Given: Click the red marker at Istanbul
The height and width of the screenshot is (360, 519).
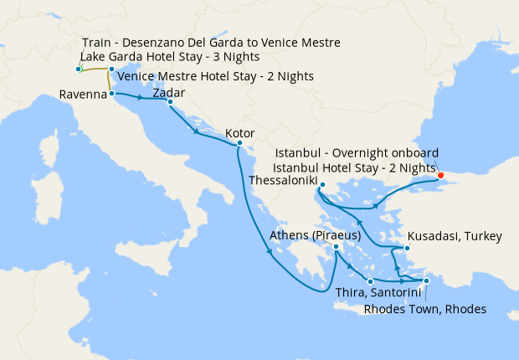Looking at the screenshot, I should click(x=441, y=176).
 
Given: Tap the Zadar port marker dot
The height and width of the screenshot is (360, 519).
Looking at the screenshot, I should click(x=170, y=102).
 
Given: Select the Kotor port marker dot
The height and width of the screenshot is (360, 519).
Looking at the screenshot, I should click(x=239, y=143).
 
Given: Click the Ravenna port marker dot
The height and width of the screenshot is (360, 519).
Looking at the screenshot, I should click(x=112, y=95).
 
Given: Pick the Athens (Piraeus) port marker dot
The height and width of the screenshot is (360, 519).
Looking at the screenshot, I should click(x=336, y=247).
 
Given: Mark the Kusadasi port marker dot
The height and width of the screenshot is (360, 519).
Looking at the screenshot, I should click(x=407, y=249).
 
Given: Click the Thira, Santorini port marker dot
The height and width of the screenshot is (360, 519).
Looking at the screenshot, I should click(x=369, y=281).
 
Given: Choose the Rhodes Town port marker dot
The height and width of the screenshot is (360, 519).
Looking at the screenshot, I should click(x=426, y=281).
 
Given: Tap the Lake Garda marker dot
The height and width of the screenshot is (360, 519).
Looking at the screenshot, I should click(x=78, y=69).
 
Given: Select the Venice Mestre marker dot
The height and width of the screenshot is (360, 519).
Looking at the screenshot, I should click(x=111, y=69).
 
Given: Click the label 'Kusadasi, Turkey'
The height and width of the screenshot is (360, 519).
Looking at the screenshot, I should click(x=454, y=237).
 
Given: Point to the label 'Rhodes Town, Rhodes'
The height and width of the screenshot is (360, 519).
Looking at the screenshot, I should click(x=425, y=309).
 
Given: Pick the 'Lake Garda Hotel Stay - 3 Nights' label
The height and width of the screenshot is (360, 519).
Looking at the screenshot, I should click(x=171, y=57).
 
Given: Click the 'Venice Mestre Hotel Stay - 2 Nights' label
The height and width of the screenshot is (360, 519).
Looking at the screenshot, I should click(x=216, y=76).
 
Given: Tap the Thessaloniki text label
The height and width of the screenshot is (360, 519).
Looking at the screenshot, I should click(x=288, y=180).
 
